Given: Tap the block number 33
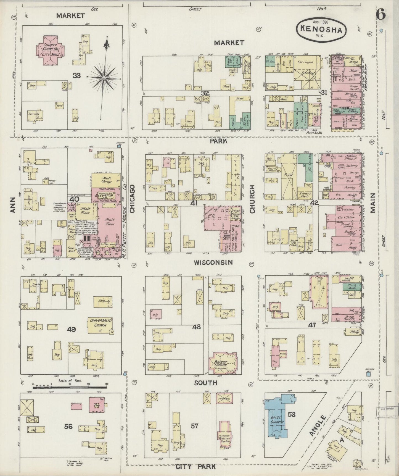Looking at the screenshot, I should (76, 75).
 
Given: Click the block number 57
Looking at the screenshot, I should (195, 426).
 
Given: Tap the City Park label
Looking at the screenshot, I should (195, 467).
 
